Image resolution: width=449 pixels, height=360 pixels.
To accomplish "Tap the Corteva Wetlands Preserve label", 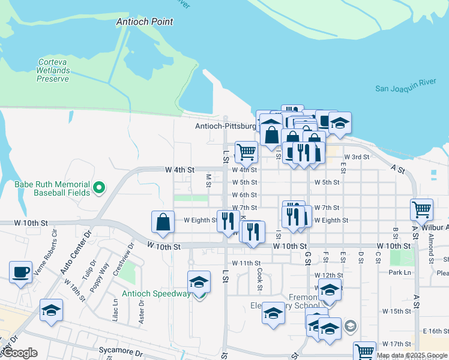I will pos(53,70).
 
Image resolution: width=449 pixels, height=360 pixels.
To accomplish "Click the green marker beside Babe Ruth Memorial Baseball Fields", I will pos(100,188).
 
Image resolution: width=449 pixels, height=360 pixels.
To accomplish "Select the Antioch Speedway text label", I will pos(156,294).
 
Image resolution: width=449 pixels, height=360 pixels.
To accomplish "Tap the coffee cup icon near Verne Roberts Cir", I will pos(21,271).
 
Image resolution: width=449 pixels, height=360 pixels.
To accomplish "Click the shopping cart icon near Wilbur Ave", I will pos(422,209).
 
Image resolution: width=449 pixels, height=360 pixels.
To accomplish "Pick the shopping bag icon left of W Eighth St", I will pos(163,222).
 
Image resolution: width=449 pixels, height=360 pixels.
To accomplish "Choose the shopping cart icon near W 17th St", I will pos(364,352).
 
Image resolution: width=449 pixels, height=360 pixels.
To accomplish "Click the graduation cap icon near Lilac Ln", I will pos(52,310).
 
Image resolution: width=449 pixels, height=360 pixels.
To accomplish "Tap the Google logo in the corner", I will pos(20,353).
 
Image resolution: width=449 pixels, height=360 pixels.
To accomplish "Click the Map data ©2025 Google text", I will pos(412,355).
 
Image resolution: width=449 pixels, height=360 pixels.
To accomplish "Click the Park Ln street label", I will pos(399,272).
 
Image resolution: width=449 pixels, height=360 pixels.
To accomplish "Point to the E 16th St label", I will pos(436,331).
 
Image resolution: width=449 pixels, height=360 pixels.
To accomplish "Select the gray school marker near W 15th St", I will pos(351,326).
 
